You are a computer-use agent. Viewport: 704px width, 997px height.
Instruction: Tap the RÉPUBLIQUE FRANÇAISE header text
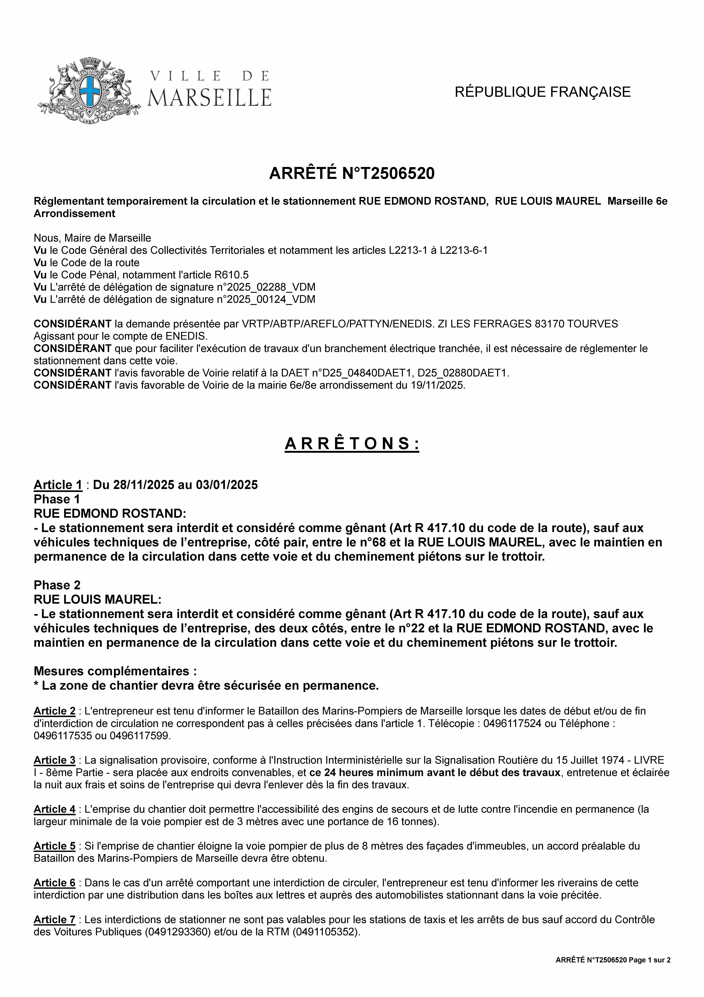542,92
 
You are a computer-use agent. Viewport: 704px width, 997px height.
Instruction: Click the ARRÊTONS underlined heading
352,444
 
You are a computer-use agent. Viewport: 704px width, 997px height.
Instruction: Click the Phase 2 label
57,585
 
